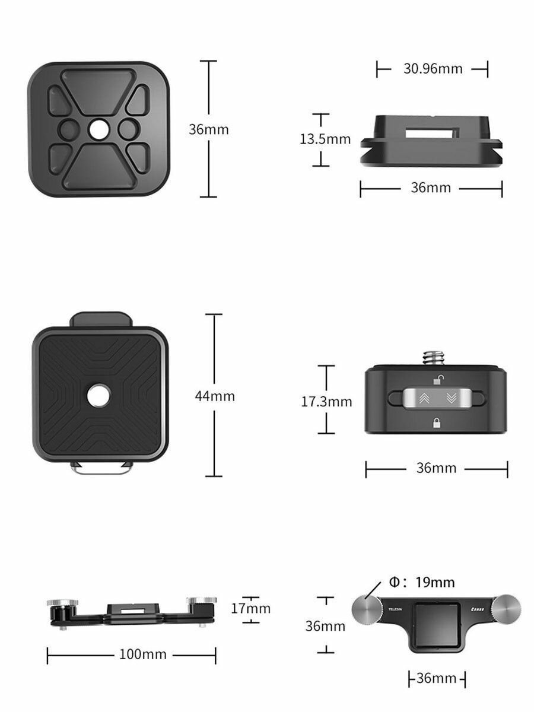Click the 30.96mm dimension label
[x=433, y=68]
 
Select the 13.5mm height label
[x=325, y=139]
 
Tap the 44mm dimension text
[x=215, y=396]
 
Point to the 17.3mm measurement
[x=326, y=402]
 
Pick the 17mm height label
[x=251, y=608]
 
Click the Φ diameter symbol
[x=394, y=582]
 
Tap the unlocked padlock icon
[x=436, y=380]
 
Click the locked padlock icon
[x=436, y=423]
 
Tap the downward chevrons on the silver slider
[x=450, y=399]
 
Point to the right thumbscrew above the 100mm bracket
[x=201, y=602]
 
